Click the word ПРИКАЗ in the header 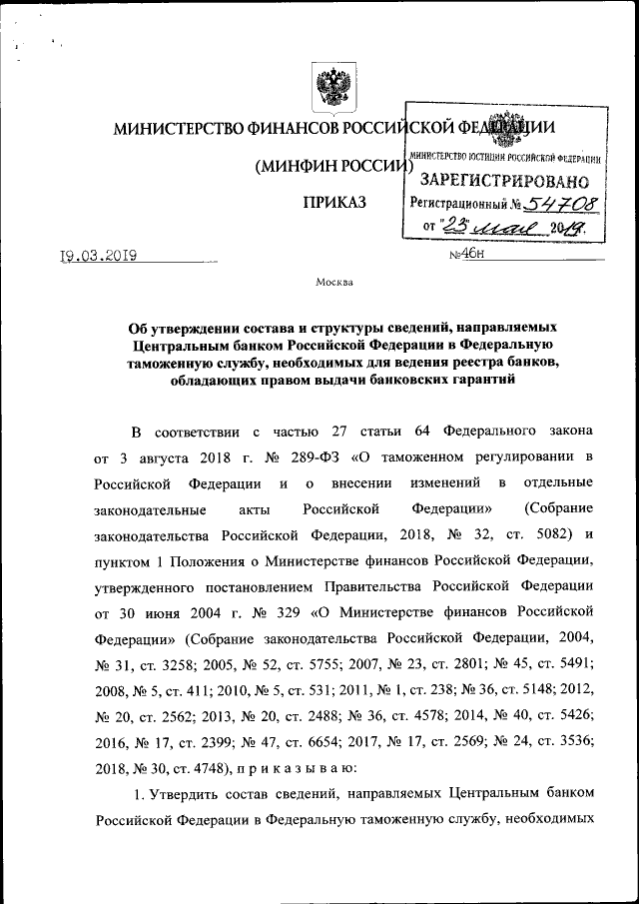[334, 204]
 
